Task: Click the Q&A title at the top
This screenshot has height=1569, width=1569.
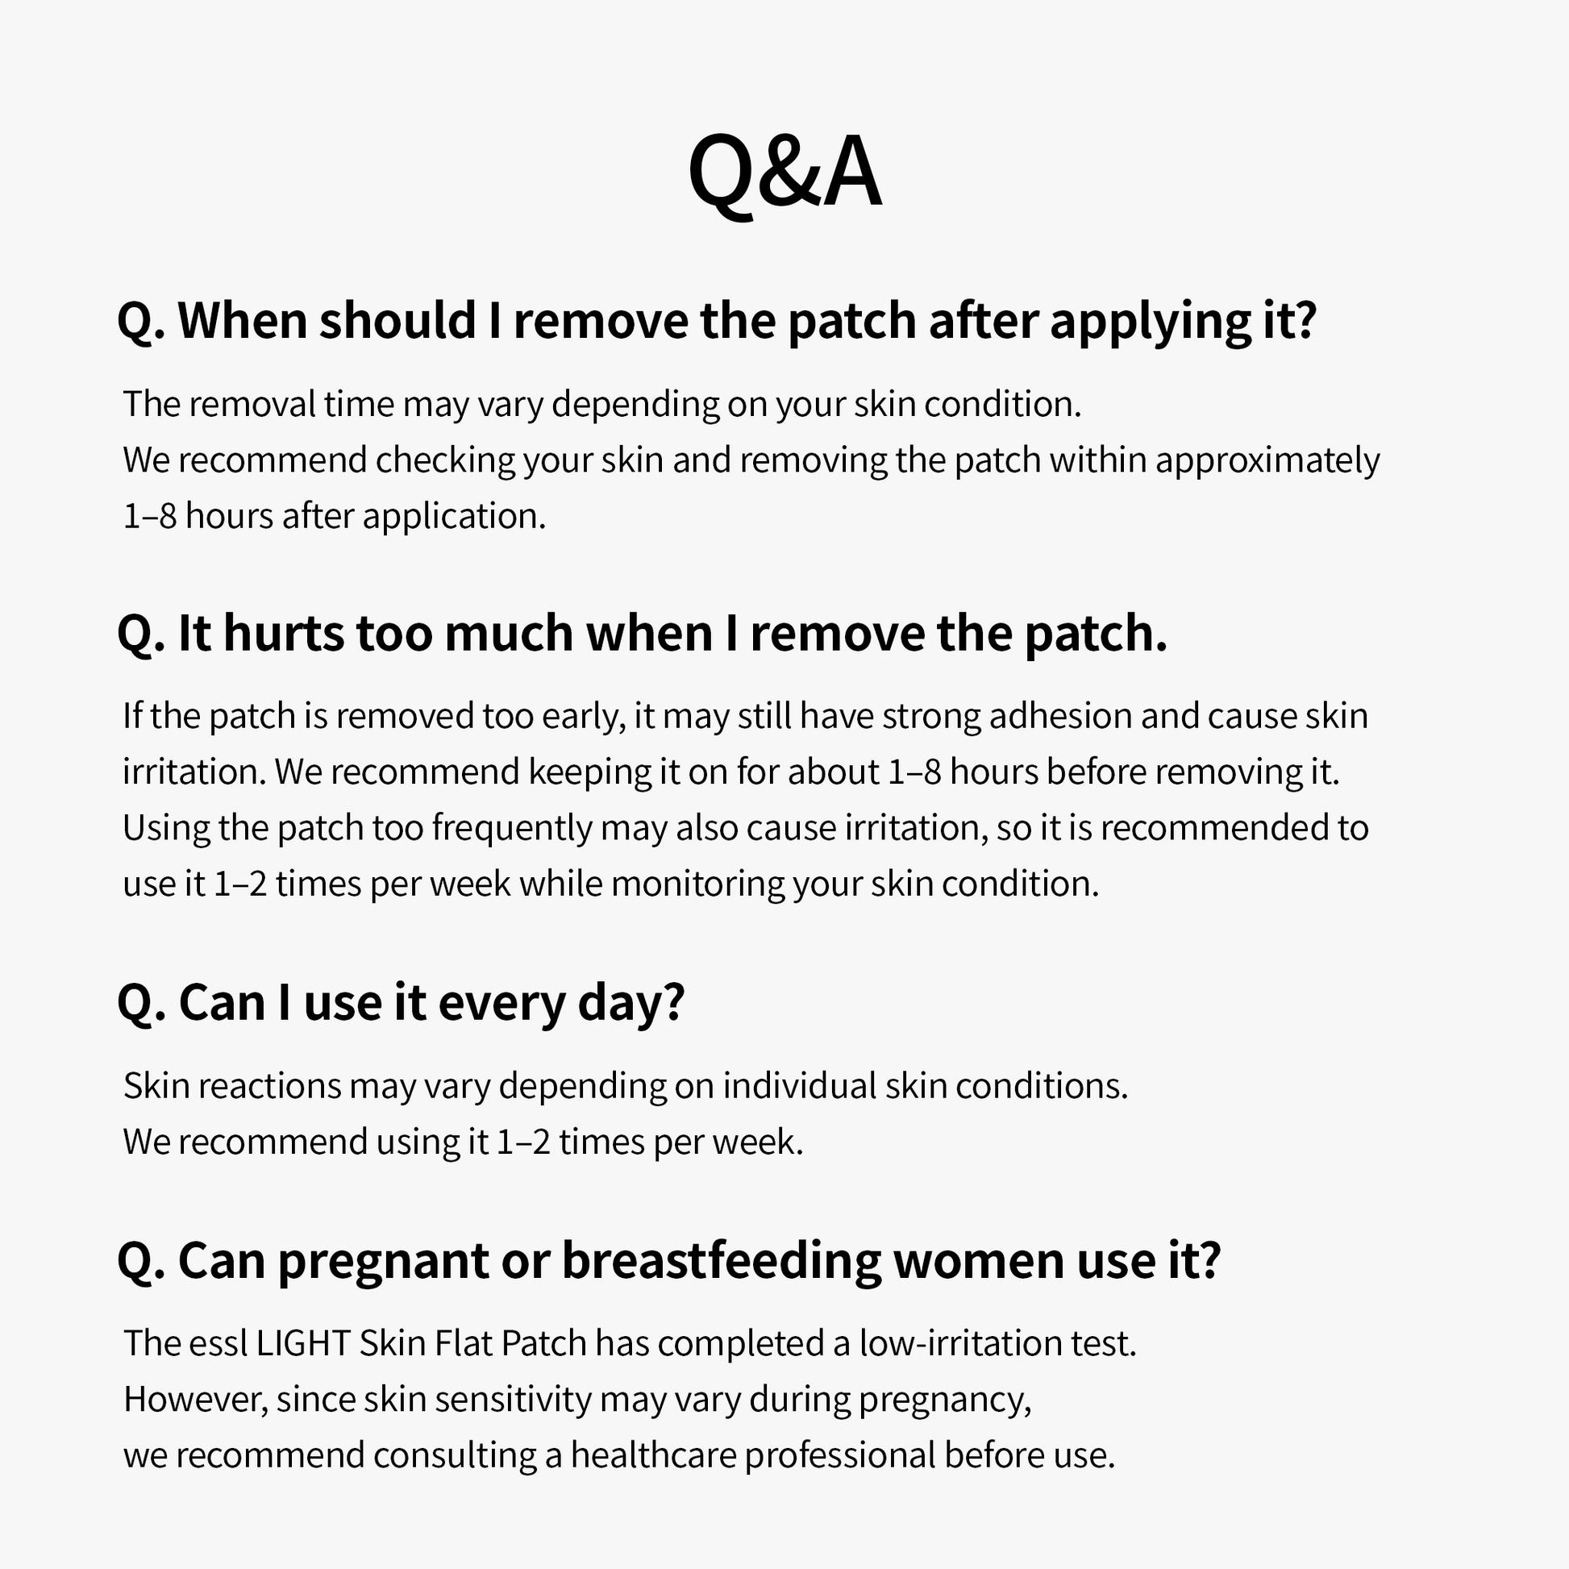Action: [x=784, y=173]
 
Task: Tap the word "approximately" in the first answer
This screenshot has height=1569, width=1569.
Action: [x=1267, y=461]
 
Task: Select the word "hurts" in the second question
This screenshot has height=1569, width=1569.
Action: [x=284, y=634]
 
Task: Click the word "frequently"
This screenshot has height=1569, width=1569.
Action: [x=512, y=829]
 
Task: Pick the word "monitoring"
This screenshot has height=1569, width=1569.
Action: [x=697, y=884]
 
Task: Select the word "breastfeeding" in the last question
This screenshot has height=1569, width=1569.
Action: [x=721, y=1261]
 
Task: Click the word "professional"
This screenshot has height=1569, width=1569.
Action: [x=840, y=1457]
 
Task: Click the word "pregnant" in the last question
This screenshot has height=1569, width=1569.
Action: [x=383, y=1263]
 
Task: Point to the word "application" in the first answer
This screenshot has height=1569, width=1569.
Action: [x=454, y=518]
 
